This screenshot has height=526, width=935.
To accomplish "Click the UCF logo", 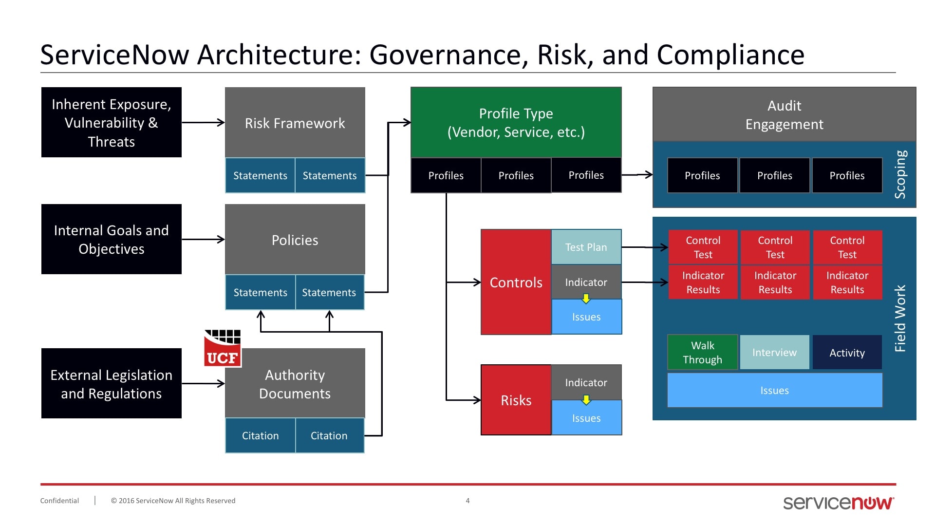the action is [223, 348].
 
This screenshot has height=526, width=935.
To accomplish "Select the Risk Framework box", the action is [295, 122].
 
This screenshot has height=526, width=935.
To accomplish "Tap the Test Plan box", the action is [586, 247].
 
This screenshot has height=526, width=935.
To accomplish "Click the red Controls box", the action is [516, 282].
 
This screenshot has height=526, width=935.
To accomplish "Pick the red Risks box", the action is [516, 400].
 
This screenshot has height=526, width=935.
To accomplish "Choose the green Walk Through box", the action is [702, 352].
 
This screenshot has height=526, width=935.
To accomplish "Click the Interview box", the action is [775, 352].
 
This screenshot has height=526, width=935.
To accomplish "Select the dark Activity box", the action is [847, 352].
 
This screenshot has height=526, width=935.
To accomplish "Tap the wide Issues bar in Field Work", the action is [775, 390].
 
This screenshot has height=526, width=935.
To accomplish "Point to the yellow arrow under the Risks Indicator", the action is [586, 400].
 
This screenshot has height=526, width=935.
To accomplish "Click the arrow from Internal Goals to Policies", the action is [203, 239].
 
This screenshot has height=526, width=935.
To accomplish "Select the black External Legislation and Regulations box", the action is [112, 383].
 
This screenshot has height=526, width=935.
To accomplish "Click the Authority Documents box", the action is [295, 383].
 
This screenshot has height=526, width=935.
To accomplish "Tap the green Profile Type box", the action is [516, 122].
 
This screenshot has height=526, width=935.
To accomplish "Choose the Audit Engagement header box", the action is [784, 114].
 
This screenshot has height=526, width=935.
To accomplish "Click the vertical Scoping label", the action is [900, 174].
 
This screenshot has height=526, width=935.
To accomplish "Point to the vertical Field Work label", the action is [900, 319].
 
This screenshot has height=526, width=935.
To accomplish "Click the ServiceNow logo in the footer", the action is [839, 503].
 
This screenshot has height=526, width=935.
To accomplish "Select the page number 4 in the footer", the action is [467, 501].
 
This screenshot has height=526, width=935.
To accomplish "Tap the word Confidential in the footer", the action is [59, 501].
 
